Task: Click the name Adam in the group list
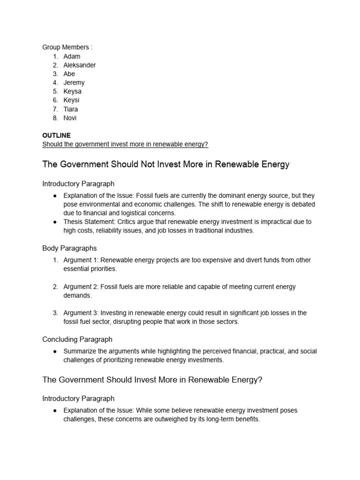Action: pyautogui.click(x=72, y=56)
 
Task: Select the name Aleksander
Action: pyautogui.click(x=80, y=65)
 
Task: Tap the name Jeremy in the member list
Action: pyautogui.click(x=74, y=82)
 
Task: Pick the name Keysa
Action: pyautogui.click(x=72, y=91)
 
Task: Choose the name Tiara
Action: pyautogui.click(x=71, y=109)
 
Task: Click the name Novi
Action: pyautogui.click(x=70, y=118)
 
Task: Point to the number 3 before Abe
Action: pyautogui.click(x=55, y=74)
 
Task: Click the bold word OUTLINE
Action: pyautogui.click(x=56, y=135)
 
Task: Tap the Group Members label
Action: pyautogui.click(x=67, y=47)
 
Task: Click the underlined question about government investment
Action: pyautogui.click(x=125, y=144)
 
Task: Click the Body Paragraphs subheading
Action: pyautogui.click(x=69, y=248)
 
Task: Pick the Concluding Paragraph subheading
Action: pyautogui.click(x=77, y=339)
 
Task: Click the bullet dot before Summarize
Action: pyautogui.click(x=55, y=352)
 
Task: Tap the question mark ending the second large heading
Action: pyautogui.click(x=260, y=380)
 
